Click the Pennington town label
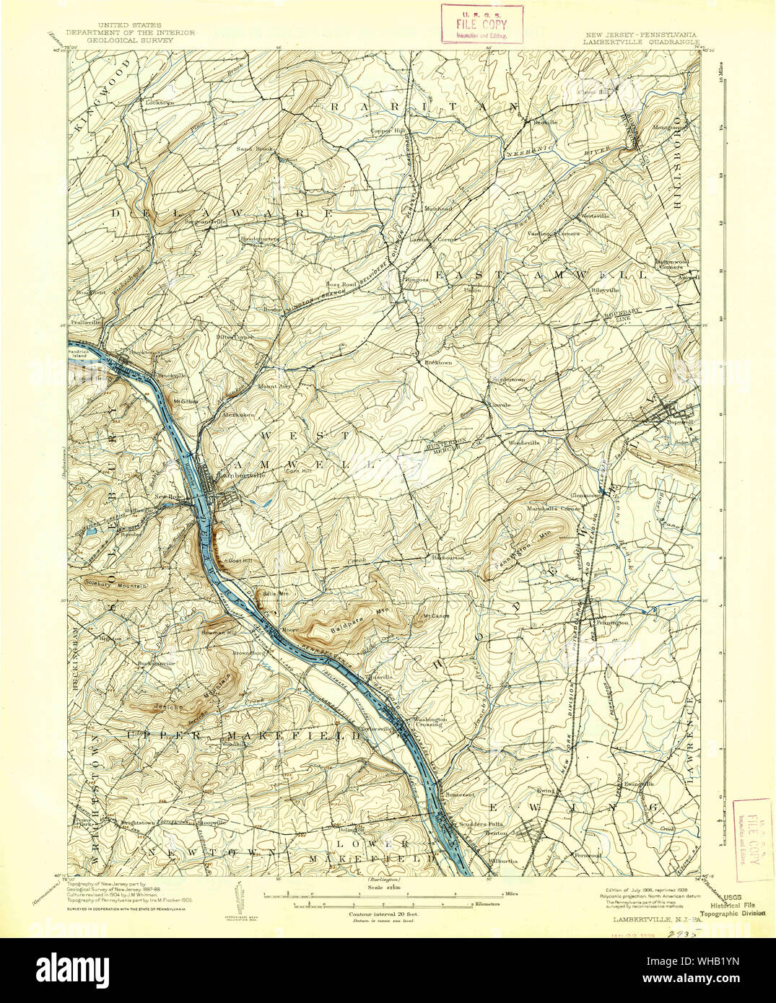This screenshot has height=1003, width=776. coord(611,621)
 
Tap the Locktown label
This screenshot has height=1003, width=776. coord(160,102)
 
